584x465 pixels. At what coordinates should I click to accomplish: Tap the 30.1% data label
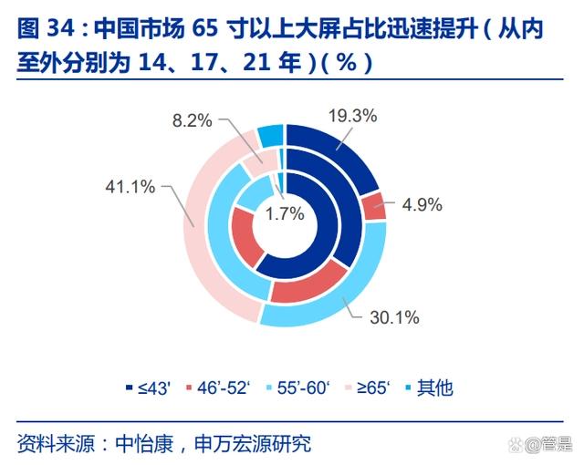[x=394, y=318]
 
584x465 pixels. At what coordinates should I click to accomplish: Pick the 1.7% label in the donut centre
[x=285, y=216]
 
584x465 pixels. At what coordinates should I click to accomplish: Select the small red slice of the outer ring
[x=374, y=207]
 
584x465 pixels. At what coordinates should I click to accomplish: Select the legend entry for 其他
[x=427, y=387]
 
